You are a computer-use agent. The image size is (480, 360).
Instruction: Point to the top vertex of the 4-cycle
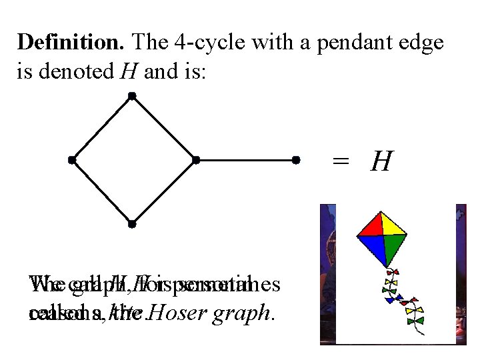pos(132,97)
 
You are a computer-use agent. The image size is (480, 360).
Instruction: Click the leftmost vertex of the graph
pos(71,160)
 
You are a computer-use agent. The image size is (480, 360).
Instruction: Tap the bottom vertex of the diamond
pos(132,223)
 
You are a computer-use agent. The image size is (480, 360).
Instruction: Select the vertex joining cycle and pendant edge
pos(195,160)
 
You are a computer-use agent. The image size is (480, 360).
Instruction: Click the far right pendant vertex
pos(296,160)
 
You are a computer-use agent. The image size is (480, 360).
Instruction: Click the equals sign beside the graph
pos(341,161)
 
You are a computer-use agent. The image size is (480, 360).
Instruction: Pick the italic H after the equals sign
pos(381,161)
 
